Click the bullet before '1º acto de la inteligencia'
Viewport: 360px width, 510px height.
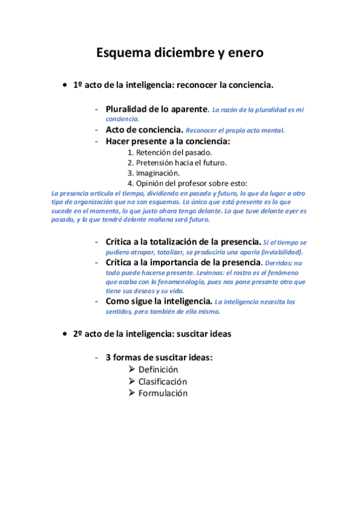click(x=64, y=85)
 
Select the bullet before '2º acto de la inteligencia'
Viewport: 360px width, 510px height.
click(x=64, y=333)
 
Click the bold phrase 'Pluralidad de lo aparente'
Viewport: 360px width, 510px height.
click(x=156, y=109)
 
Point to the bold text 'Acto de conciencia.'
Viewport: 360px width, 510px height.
click(x=144, y=129)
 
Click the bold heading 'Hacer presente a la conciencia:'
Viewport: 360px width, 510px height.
click(x=168, y=141)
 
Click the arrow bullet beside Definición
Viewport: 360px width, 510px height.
click(x=132, y=369)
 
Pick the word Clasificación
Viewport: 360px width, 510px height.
click(x=163, y=381)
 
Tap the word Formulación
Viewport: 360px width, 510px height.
click(x=163, y=393)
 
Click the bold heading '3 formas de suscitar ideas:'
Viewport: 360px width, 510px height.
click(x=159, y=357)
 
